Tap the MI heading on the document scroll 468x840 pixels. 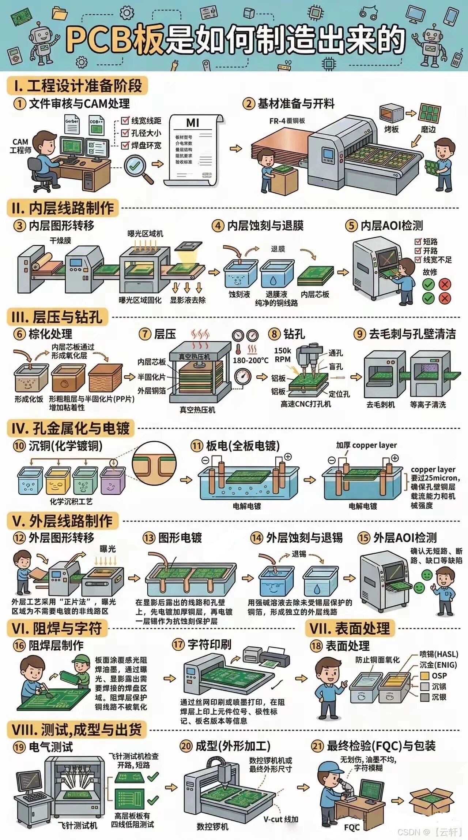[x=193, y=123]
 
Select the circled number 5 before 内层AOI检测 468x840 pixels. [x=351, y=226]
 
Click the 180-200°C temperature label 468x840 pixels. [x=250, y=360]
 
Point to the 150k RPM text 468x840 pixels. [x=283, y=355]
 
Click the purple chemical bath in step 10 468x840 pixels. [x=113, y=480]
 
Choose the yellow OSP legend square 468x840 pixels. [x=424, y=676]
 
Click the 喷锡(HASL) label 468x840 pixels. [x=439, y=654]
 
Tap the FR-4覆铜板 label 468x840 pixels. [x=287, y=121]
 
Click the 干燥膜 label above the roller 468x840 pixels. [x=60, y=241]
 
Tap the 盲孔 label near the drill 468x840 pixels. [x=336, y=367]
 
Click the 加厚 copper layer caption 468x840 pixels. [x=366, y=445]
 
